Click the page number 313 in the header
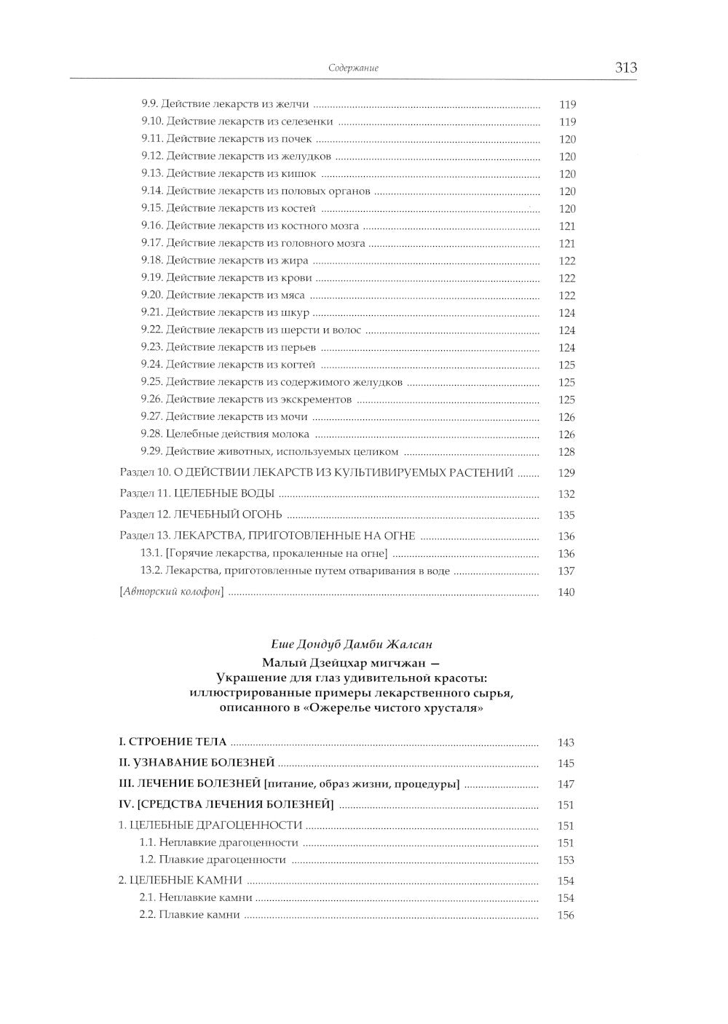tap(625, 68)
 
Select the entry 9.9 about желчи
tap(225, 104)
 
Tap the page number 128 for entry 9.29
tap(566, 452)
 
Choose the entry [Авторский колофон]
tap(171, 592)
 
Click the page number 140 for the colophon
tap(566, 592)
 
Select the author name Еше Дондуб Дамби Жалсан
tap(351, 645)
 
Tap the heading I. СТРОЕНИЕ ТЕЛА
tap(173, 742)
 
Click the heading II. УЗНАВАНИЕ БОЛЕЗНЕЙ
tap(197, 763)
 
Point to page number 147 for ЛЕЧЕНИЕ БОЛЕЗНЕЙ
tap(566, 785)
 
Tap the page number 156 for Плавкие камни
tap(566, 916)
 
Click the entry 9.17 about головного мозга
tap(253, 243)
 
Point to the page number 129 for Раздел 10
tap(566, 473)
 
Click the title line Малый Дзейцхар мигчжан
tap(351, 662)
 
